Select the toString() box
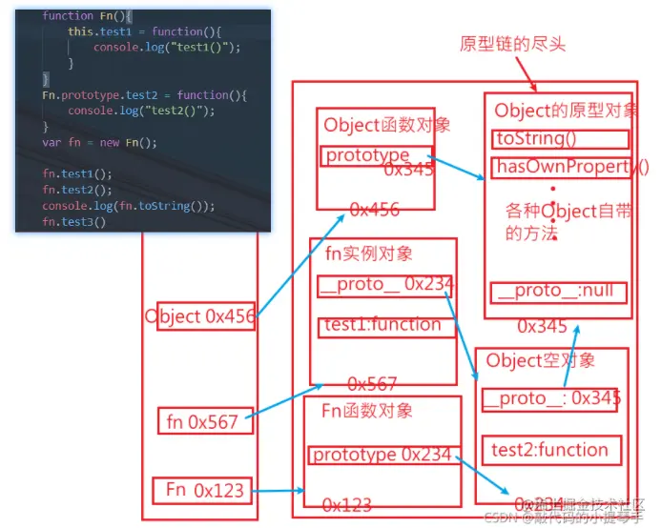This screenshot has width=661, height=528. (x=561, y=139)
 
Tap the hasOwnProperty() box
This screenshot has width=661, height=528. (x=561, y=169)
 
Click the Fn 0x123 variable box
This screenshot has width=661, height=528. (x=204, y=491)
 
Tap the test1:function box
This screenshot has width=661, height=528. (x=382, y=326)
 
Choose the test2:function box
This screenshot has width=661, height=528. (x=549, y=450)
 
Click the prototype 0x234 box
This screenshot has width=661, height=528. (x=382, y=455)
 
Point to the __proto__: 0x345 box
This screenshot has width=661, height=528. (x=550, y=398)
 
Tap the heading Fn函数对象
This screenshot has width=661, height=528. (x=367, y=411)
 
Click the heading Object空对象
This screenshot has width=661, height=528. (x=541, y=360)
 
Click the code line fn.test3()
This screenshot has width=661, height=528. (x=74, y=222)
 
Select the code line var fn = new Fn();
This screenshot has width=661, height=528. (x=99, y=143)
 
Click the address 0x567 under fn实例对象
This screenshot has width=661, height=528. (x=372, y=383)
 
